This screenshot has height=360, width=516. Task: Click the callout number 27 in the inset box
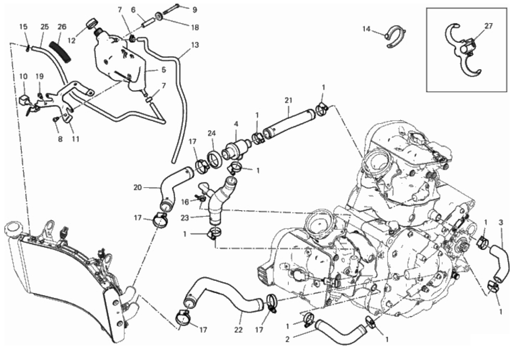click(489, 26)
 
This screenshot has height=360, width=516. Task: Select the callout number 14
click(366, 29)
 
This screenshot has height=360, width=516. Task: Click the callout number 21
click(288, 101)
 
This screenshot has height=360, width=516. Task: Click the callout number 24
click(212, 134)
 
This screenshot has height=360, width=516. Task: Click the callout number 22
click(238, 330)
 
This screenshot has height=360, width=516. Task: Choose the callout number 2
click(287, 339)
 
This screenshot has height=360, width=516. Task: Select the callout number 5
click(164, 70)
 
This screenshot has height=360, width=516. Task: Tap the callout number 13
click(195, 45)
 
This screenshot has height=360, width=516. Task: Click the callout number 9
click(195, 10)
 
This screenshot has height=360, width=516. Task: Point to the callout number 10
click(23, 77)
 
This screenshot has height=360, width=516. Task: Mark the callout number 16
click(185, 202)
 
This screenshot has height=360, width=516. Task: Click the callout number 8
click(60, 139)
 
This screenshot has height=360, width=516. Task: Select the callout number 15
click(23, 27)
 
